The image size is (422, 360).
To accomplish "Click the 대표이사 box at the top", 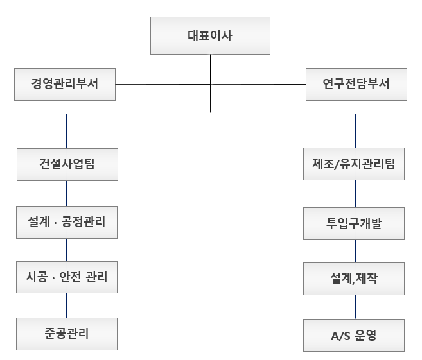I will click(x=209, y=35).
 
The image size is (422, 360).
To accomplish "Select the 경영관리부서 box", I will click(x=64, y=84).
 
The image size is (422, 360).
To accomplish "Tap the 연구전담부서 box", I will click(x=356, y=84).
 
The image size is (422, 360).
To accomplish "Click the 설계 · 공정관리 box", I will click(x=67, y=223).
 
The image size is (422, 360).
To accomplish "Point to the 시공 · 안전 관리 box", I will click(x=67, y=279).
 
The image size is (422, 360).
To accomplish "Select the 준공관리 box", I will click(x=67, y=334).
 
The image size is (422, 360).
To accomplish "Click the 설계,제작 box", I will click(x=353, y=279).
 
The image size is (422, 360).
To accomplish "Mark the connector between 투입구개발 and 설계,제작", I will click(x=353, y=251).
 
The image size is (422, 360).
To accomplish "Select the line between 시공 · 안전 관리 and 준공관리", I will click(x=67, y=306).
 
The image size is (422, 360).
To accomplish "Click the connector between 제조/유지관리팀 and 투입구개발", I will click(x=353, y=194).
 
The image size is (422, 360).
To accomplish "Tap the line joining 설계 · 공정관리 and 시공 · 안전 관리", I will click(x=67, y=251).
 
